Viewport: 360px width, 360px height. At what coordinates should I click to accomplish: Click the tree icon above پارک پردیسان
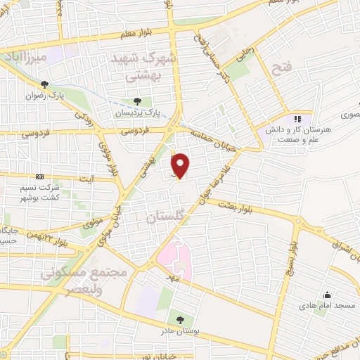(x=146, y=101)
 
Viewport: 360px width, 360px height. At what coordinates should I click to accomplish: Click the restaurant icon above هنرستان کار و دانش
(x=297, y=118)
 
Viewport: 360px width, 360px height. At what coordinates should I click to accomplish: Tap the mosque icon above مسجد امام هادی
(x=327, y=295)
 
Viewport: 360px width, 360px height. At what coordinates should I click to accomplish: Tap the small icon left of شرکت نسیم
(x=39, y=177)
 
